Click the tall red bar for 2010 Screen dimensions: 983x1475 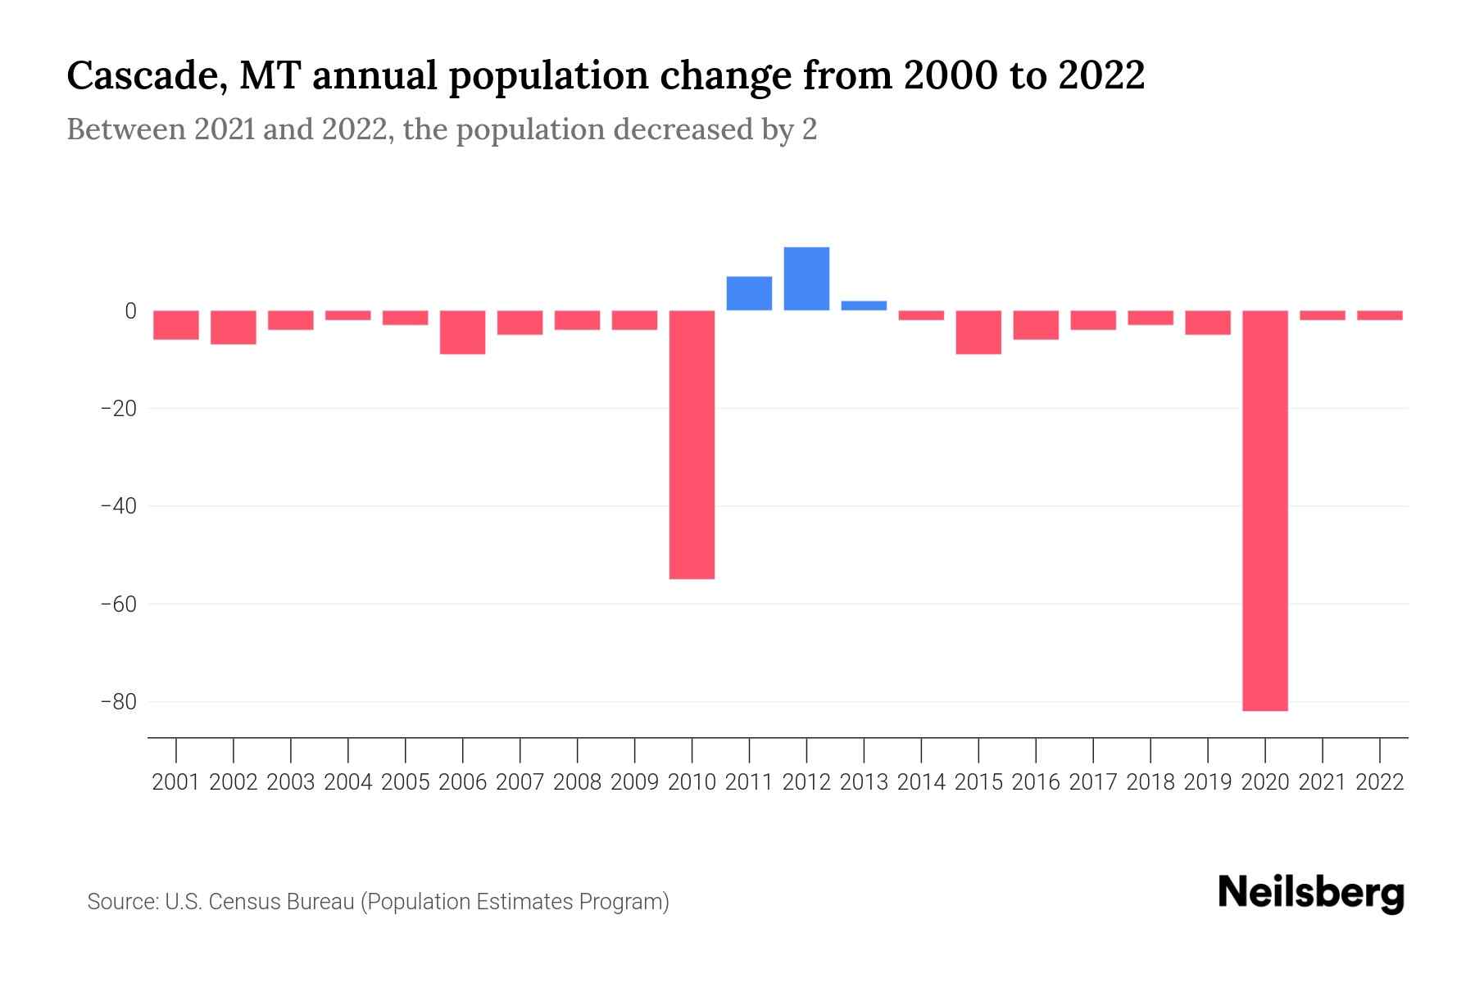(692, 445)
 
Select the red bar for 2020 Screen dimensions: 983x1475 (1265, 510)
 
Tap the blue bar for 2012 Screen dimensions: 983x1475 (806, 279)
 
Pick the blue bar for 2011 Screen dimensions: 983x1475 (749, 293)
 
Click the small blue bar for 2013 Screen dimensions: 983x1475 (864, 306)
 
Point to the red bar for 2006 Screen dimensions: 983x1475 (463, 332)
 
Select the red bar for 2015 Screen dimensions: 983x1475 (978, 332)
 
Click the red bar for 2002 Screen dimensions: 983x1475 (234, 327)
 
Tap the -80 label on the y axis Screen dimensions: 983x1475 (118, 702)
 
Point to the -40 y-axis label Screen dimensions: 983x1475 (118, 506)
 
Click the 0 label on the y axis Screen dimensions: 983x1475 (130, 310)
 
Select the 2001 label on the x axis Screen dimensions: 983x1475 (176, 782)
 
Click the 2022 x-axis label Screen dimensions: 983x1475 (1380, 782)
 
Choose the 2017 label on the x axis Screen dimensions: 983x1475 (1093, 782)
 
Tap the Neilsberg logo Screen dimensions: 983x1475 (1311, 893)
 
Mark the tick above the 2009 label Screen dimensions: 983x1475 (635, 750)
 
